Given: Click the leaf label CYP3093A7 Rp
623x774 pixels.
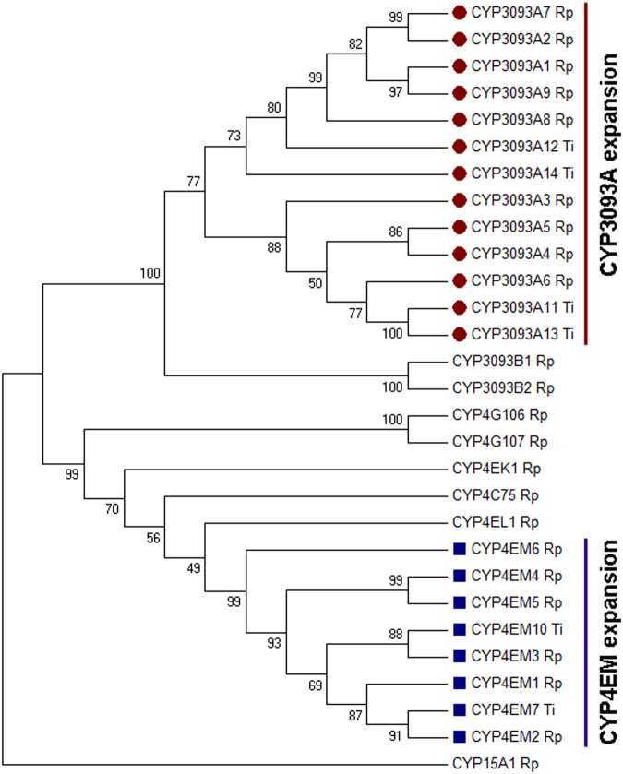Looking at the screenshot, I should (x=522, y=13).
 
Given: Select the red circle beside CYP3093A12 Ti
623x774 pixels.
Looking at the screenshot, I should (x=459, y=147).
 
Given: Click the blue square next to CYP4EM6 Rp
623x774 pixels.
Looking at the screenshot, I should (x=459, y=549).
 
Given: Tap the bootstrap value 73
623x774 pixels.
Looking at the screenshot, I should (x=234, y=137).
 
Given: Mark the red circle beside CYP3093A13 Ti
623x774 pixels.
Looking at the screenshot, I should (x=459, y=334).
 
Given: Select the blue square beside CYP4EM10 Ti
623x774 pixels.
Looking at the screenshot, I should (x=459, y=629).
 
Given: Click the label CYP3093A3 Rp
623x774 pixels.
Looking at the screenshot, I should (x=522, y=200).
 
